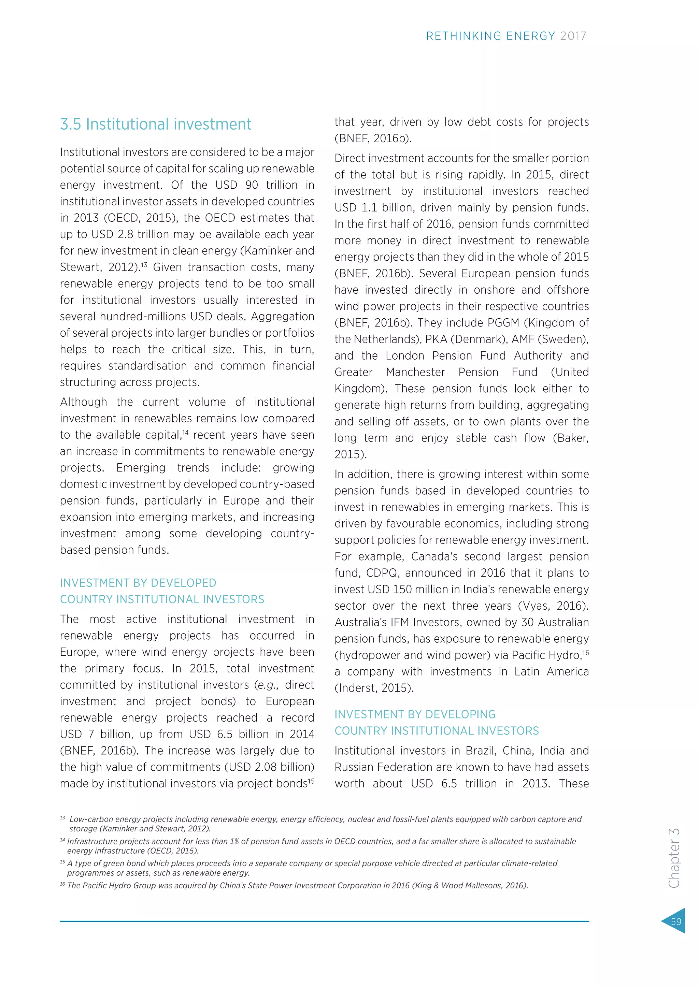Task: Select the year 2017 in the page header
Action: [573, 36]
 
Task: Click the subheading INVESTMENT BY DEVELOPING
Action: [415, 714]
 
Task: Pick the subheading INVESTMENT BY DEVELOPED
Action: [138, 583]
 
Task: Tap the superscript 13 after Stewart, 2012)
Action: [144, 265]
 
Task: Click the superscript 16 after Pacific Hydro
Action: [585, 653]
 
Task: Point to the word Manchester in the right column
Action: [415, 372]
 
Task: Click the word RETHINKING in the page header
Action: [463, 36]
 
